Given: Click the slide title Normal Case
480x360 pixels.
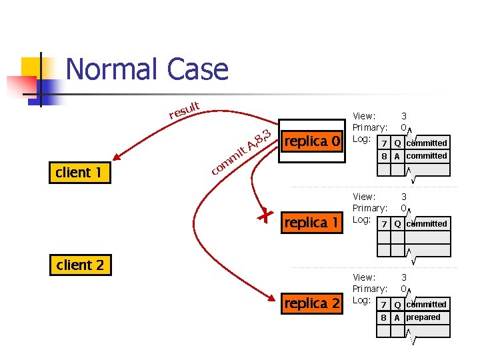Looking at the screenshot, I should [x=147, y=69].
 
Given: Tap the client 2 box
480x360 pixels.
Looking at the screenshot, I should [x=80, y=265].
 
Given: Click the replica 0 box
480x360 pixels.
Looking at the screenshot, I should [x=312, y=141].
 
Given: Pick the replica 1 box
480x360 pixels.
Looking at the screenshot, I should [x=312, y=223].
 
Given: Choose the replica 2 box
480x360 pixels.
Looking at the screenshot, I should [x=312, y=303].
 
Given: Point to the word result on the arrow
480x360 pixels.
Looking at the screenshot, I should [x=184, y=110].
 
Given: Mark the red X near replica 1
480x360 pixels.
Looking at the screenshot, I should [x=265, y=215].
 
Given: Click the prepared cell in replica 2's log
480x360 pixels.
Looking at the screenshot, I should [x=423, y=317].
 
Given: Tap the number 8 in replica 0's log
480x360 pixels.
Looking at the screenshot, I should [x=384, y=156].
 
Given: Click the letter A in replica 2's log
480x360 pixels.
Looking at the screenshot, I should [x=397, y=318].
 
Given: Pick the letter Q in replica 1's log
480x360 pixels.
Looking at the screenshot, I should [x=397, y=224].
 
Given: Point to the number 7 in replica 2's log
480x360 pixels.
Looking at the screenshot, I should [x=383, y=305].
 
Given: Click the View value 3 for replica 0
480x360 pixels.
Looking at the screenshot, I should [x=404, y=116].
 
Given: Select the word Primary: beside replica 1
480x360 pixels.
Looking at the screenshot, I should [x=370, y=208].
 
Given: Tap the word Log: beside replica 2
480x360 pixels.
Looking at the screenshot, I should [x=361, y=300].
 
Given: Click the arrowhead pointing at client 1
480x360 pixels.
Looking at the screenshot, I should [x=117, y=158].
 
